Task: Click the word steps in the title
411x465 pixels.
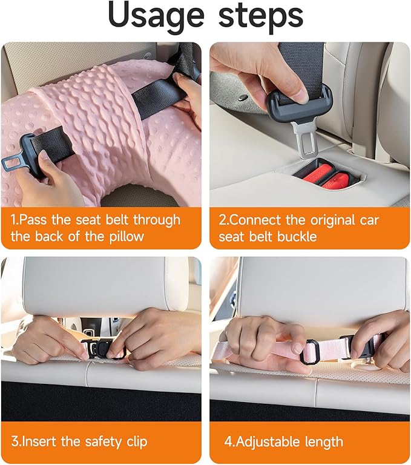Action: [261, 15]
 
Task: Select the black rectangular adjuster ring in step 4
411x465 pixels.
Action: [309, 352]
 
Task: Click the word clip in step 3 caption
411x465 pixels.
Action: [137, 442]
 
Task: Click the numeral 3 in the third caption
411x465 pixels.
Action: [15, 441]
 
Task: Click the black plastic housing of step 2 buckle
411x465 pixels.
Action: [300, 104]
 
